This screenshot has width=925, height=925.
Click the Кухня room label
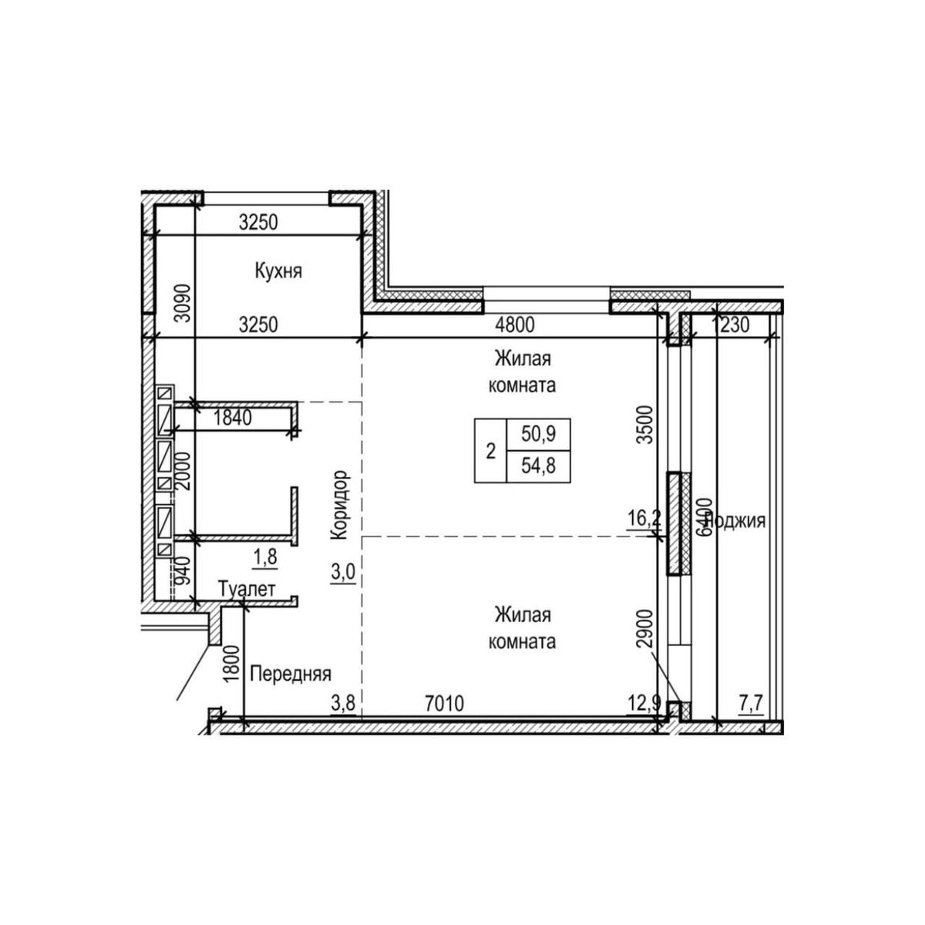point(277,271)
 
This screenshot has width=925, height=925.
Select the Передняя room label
point(291,674)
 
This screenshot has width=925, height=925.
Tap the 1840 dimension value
point(232,418)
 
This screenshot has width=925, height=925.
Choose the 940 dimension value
point(183,571)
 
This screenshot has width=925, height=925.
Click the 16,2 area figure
point(644,518)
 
